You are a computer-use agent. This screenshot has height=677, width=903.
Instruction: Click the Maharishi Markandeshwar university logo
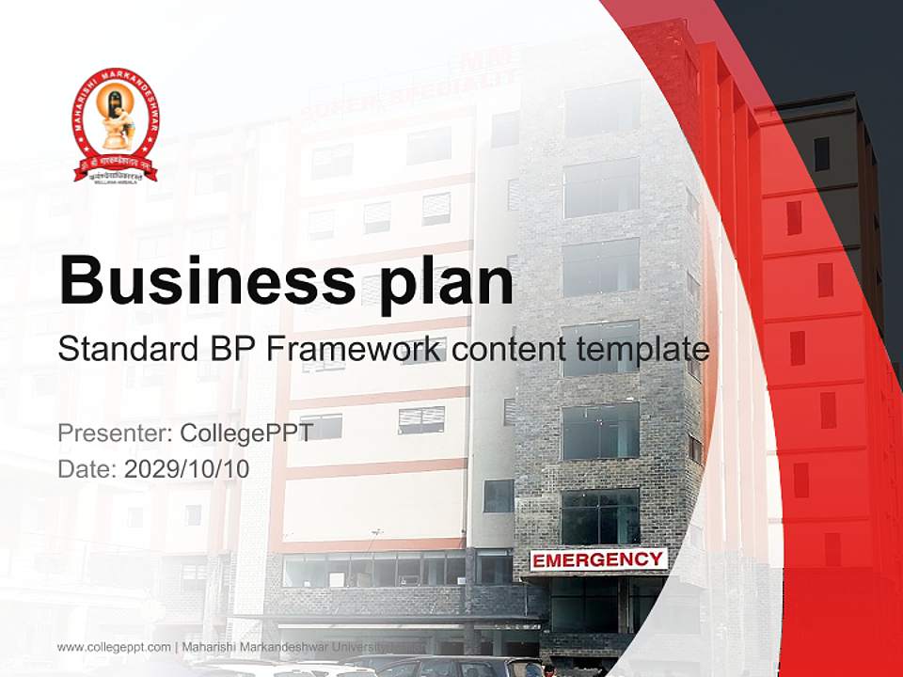coord(115,125)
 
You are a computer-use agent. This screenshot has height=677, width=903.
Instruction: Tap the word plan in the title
coord(438,282)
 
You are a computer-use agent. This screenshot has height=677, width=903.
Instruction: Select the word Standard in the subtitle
coord(124,350)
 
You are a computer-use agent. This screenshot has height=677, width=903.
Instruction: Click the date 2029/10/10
coord(187,468)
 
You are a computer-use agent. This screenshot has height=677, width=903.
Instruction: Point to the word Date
coord(87,468)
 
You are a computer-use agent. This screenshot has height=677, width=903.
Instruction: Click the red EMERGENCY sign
coord(598,560)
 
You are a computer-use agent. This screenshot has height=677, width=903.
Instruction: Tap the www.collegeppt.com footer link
coord(114,647)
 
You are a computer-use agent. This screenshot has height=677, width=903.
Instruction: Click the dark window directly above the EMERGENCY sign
coord(600,516)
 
